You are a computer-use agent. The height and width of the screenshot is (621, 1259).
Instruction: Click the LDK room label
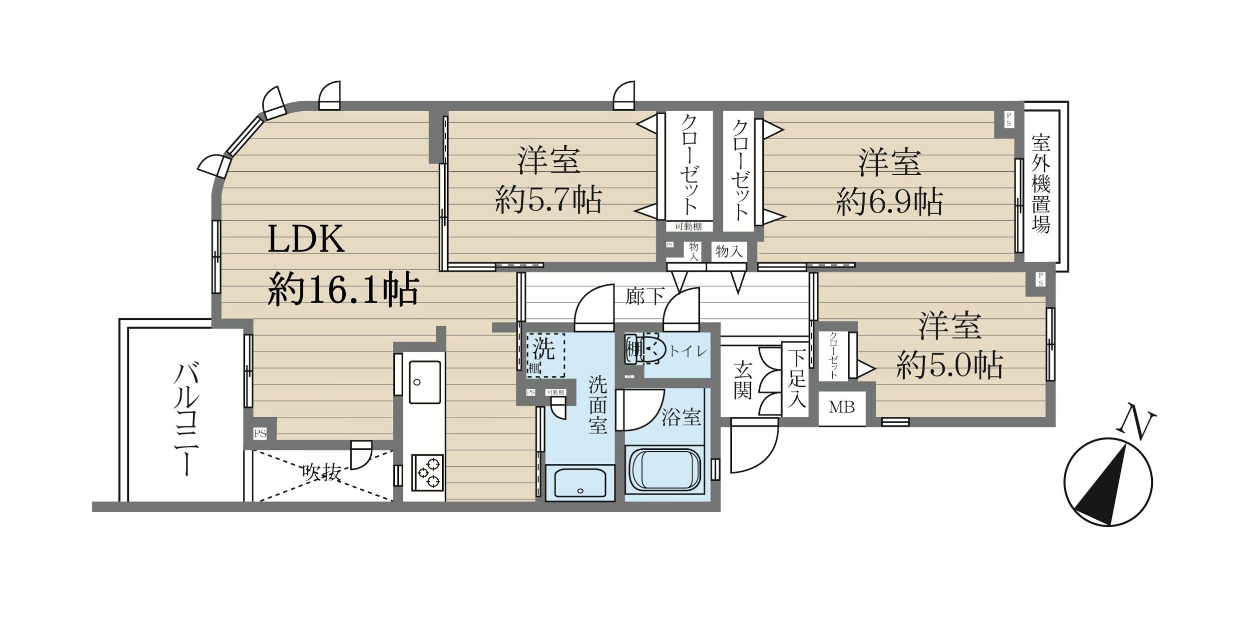tap(306, 239)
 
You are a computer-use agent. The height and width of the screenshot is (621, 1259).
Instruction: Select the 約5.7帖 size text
tap(548, 200)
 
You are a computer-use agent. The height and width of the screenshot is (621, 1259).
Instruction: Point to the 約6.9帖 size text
tap(890, 202)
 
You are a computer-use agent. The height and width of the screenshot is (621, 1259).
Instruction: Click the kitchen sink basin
tap(425, 382)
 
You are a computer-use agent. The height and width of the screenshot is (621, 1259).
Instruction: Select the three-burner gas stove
tap(427, 472)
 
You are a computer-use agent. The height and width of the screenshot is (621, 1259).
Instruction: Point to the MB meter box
tap(842, 407)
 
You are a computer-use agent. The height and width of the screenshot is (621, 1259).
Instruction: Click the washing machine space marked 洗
tap(545, 355)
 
